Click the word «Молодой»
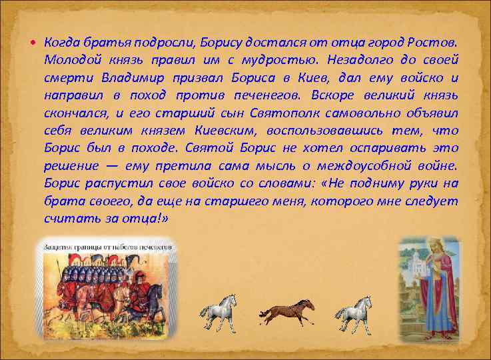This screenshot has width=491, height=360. [x=69, y=59]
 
